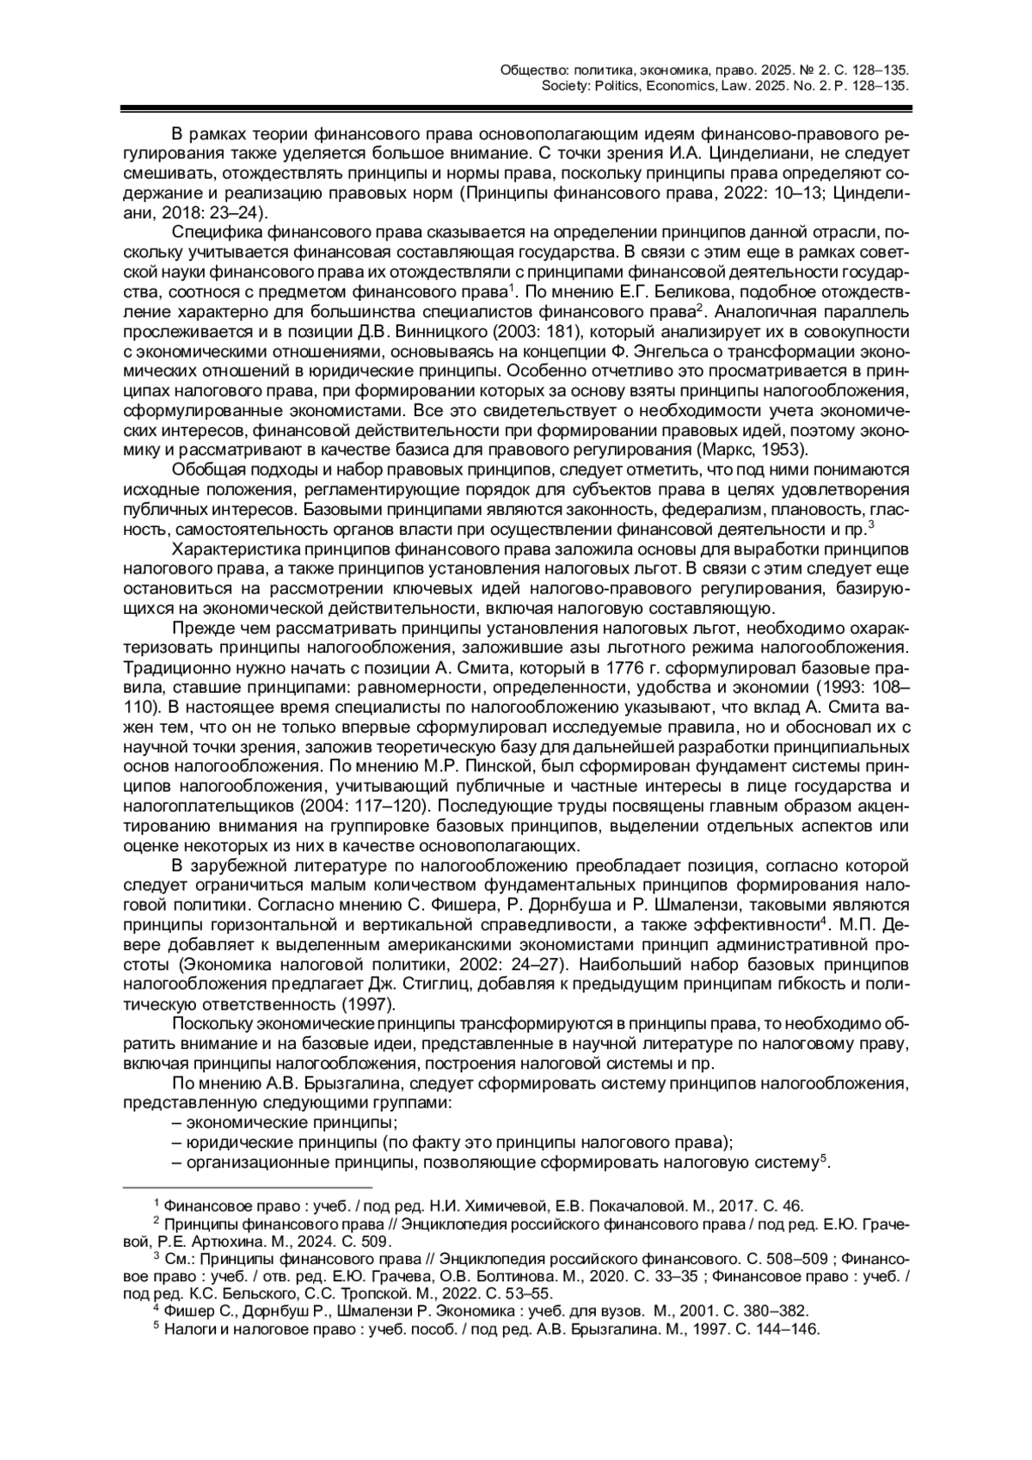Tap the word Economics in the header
(674, 86)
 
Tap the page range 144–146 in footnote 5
(786, 1328)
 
